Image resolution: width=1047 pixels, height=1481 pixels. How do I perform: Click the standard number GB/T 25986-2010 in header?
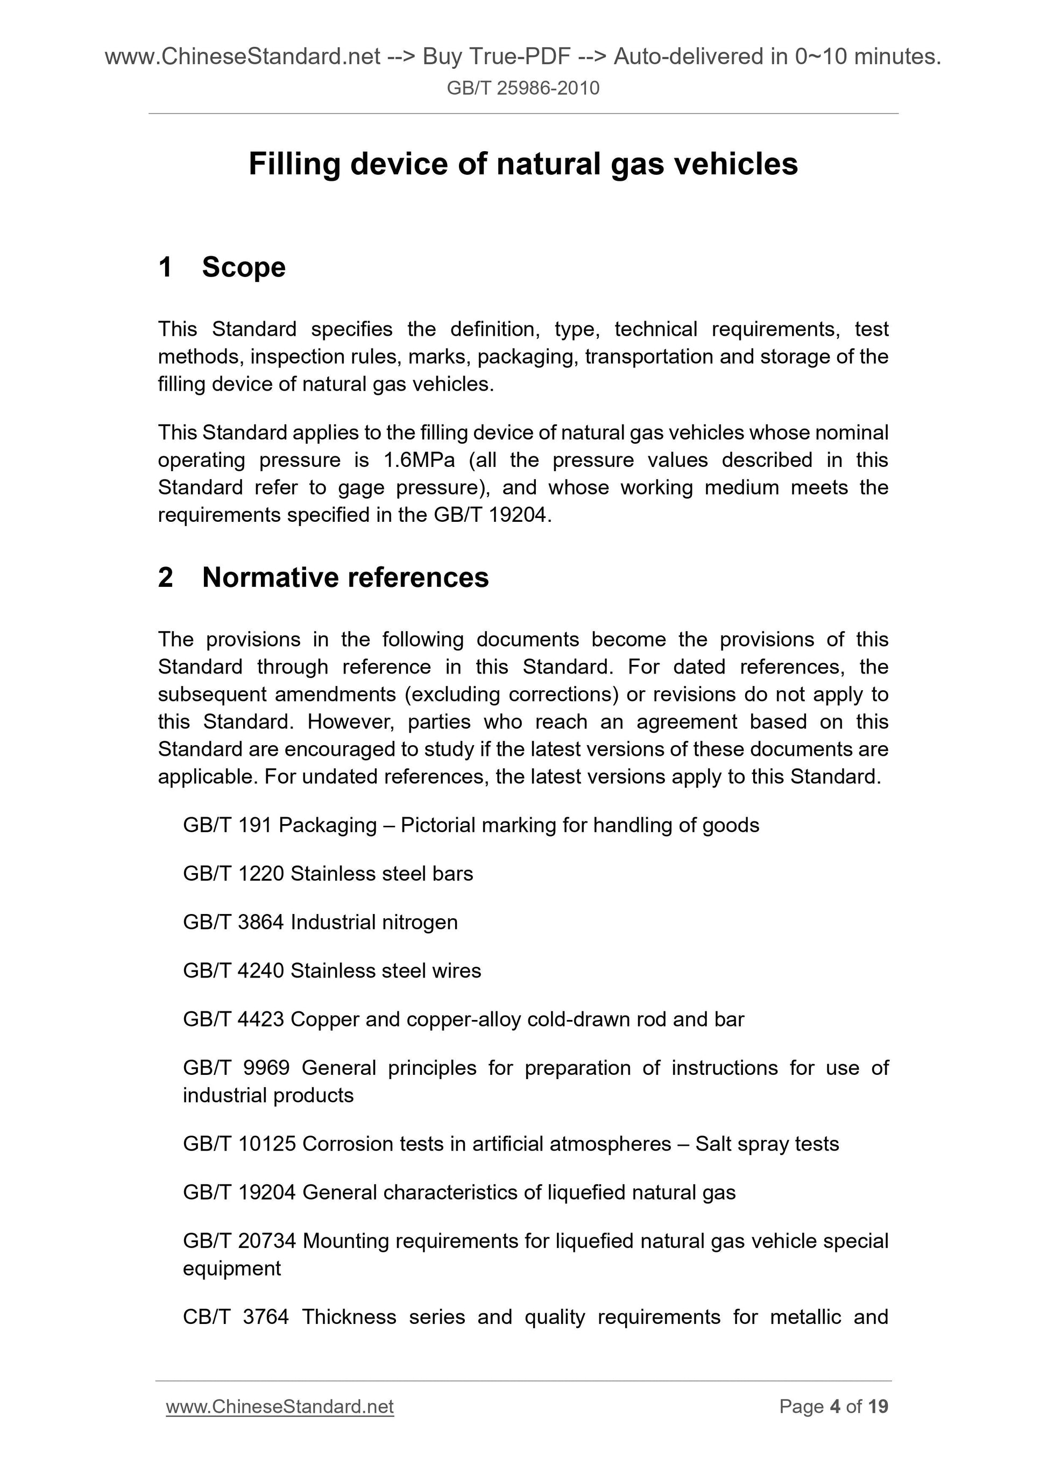tap(522, 88)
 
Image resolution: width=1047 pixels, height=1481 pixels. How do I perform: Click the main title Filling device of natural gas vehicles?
tap(522, 164)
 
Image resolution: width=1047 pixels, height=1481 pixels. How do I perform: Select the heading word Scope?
tap(243, 267)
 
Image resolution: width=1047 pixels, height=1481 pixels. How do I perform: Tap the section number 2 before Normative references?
tap(165, 577)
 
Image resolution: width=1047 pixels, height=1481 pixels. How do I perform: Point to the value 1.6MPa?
tap(419, 460)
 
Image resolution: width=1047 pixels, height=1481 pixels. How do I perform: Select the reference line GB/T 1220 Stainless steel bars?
tap(328, 874)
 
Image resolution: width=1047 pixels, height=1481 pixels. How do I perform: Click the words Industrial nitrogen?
tap(373, 922)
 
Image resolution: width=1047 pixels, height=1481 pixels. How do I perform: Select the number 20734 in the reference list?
tap(266, 1241)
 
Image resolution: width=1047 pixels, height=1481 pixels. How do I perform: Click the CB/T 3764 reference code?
tap(236, 1316)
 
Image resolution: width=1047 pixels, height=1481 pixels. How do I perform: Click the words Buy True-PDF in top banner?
tap(496, 57)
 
